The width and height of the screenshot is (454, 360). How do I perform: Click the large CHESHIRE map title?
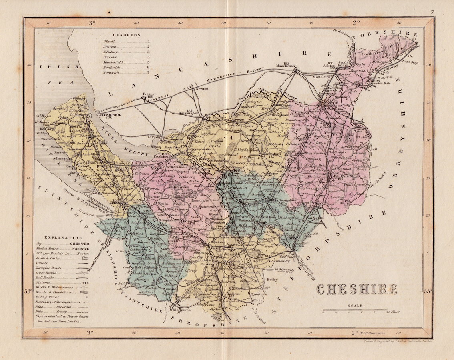357,289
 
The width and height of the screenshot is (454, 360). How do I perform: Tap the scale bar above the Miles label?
355,310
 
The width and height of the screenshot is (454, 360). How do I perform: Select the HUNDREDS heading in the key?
126,35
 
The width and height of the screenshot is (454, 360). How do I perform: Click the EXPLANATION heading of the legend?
58,238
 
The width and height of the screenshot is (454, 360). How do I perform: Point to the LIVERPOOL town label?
110,114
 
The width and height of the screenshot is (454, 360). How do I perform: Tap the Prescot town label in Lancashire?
148,94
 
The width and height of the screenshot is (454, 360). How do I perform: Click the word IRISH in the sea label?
56,67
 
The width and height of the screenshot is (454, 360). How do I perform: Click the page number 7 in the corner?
432,12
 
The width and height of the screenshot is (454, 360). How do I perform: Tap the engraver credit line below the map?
398,342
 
